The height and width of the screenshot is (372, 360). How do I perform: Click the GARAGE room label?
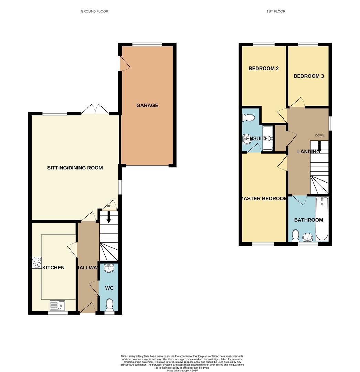pos(147,105)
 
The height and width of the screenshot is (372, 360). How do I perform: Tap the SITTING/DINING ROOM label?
pos(75,168)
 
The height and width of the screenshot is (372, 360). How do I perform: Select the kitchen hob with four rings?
pos(37,263)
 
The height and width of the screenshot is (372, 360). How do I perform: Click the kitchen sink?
pos(57,306)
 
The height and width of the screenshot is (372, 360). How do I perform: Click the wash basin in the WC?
pos(109,268)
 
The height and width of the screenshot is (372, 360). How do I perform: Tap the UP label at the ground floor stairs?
pos(109,206)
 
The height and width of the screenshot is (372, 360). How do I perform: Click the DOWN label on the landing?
pos(319,135)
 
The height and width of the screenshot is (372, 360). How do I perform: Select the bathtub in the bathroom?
pos(322,219)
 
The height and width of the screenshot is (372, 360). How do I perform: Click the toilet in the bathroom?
pos(295,236)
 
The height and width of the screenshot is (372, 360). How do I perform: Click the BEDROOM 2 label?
pos(264,68)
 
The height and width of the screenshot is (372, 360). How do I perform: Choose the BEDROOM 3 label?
pos(308,76)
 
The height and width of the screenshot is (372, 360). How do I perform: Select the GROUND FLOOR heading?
pos(94,11)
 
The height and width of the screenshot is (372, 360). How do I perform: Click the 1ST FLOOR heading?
pos(276,11)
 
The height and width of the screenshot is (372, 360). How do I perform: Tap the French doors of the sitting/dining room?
pos(95,110)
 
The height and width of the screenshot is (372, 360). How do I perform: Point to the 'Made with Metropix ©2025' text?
pos(182,370)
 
